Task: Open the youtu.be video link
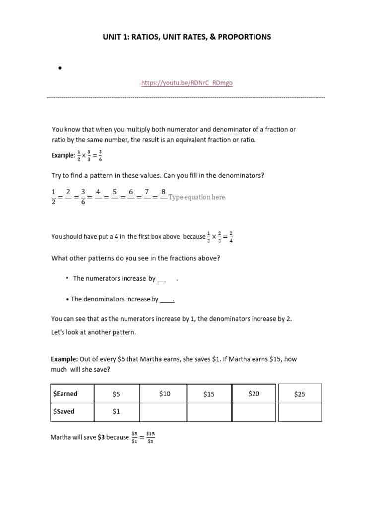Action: pos(187,83)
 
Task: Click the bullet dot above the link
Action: pos(59,69)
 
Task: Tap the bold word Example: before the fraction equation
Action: pos(62,155)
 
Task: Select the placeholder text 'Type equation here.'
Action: pos(197,197)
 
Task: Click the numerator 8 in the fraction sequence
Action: pos(163,192)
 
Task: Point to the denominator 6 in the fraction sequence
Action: pos(83,203)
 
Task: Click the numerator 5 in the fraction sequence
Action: pos(115,192)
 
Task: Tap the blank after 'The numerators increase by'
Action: pos(161,279)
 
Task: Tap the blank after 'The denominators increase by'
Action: pos(167,299)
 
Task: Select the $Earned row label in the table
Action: pos(65,394)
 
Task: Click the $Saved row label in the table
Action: pos(64,411)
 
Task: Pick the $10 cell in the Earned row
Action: pos(165,394)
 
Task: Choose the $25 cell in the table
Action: pos(300,394)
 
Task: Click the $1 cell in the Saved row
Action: pos(116,411)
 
